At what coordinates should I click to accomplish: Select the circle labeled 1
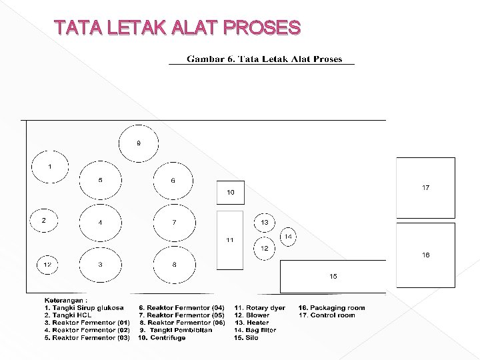(49, 167)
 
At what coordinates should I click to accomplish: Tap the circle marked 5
(101, 180)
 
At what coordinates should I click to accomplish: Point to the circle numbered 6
(173, 180)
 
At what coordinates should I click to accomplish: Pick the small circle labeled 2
(45, 221)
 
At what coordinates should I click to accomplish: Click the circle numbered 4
(101, 222)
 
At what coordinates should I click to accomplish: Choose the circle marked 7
(173, 222)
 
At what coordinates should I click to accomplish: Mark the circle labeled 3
(101, 265)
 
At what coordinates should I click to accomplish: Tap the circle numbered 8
(173, 265)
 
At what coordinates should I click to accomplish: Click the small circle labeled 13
(265, 222)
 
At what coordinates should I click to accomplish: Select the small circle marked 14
(288, 237)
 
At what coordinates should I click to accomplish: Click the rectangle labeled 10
(230, 192)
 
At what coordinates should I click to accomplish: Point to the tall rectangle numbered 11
(230, 240)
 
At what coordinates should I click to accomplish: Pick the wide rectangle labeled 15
(333, 276)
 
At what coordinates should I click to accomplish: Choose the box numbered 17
(425, 188)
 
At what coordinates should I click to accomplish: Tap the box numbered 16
(425, 255)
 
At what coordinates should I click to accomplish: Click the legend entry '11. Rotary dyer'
(259, 308)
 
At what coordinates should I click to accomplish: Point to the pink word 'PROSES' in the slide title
(263, 27)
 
